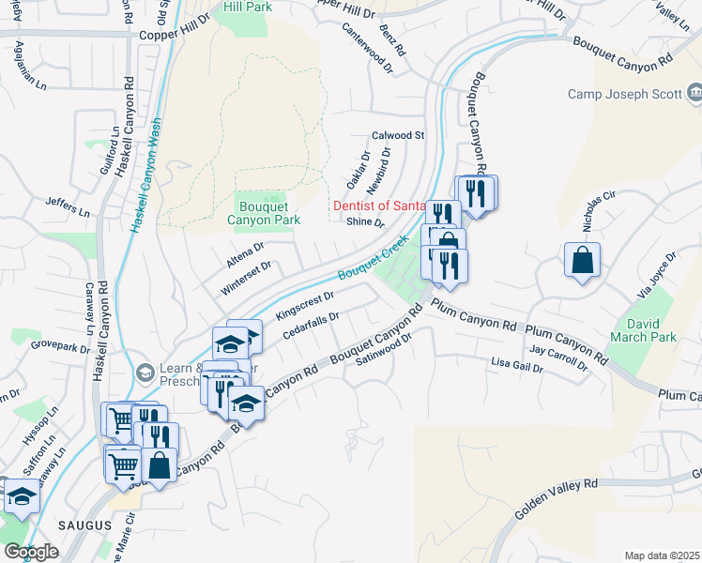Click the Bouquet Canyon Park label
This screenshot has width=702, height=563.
pyautogui.click(x=264, y=212)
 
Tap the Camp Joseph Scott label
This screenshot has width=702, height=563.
pyautogui.click(x=626, y=94)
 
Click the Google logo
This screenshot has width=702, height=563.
pyautogui.click(x=31, y=552)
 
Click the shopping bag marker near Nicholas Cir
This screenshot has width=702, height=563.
pyautogui.click(x=582, y=259)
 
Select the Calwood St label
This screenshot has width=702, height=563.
pyautogui.click(x=398, y=135)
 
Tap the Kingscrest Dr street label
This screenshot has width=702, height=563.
pyautogui.click(x=305, y=305)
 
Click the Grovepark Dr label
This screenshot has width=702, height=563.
pyautogui.click(x=59, y=344)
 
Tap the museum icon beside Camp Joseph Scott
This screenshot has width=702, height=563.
pyautogui.click(x=694, y=93)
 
